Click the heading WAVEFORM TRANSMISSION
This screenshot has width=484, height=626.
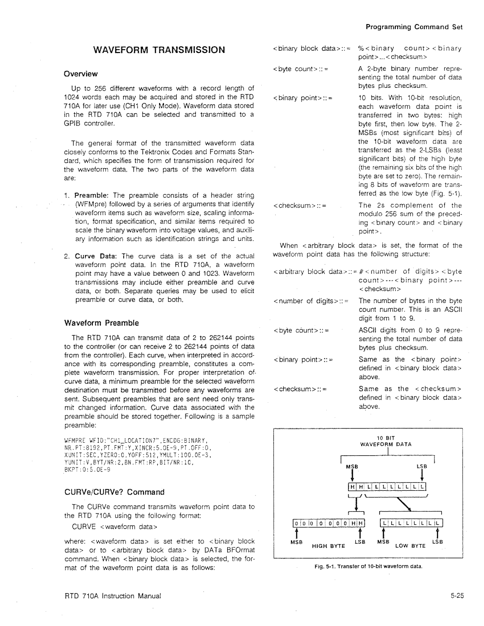[x=159, y=50]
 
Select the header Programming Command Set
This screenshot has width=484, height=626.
[x=414, y=27]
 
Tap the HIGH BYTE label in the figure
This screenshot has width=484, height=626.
[x=328, y=546]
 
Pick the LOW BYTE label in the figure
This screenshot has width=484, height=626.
[x=409, y=546]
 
